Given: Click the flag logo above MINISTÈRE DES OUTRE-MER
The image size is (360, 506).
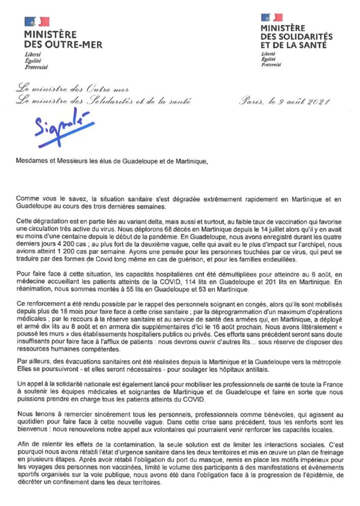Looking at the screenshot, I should click(x=37, y=22).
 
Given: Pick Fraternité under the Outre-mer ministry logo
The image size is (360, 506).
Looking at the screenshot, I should click(x=36, y=66).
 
